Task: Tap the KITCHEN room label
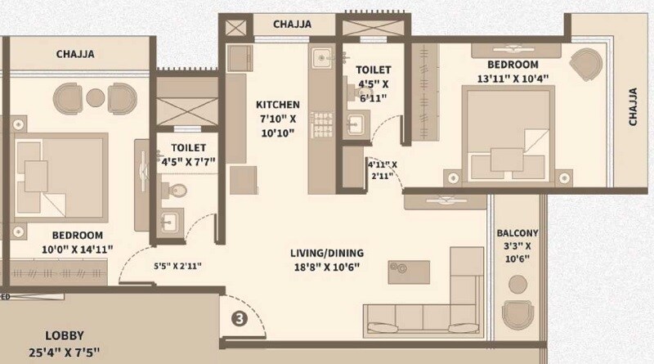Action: tap(277, 105)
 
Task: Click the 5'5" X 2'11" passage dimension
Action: tap(177, 265)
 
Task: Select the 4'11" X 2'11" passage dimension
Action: tap(381, 169)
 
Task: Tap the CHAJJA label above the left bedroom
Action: tap(75, 55)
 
